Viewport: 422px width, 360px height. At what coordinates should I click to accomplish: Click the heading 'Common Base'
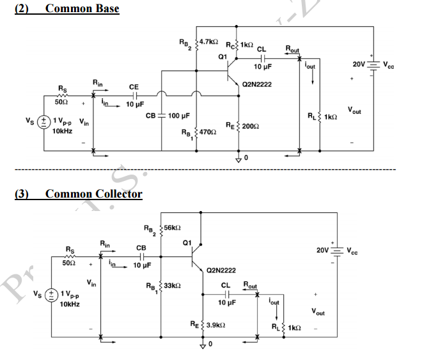(x=82, y=8)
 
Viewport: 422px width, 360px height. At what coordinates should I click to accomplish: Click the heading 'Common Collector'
(x=93, y=193)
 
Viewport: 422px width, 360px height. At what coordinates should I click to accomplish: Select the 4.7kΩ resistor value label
(x=208, y=41)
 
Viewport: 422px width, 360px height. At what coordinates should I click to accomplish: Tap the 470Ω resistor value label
(x=207, y=131)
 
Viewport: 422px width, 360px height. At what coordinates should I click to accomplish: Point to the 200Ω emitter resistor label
(x=251, y=125)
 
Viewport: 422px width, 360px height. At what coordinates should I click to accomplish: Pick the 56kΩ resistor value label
(x=173, y=227)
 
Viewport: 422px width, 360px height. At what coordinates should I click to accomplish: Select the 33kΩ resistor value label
(x=173, y=285)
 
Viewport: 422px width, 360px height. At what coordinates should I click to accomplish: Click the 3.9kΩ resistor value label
(x=217, y=325)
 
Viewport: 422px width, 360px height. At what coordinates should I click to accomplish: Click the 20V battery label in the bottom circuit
(x=323, y=250)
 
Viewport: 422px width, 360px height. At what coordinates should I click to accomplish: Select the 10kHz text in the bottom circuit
(x=70, y=304)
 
